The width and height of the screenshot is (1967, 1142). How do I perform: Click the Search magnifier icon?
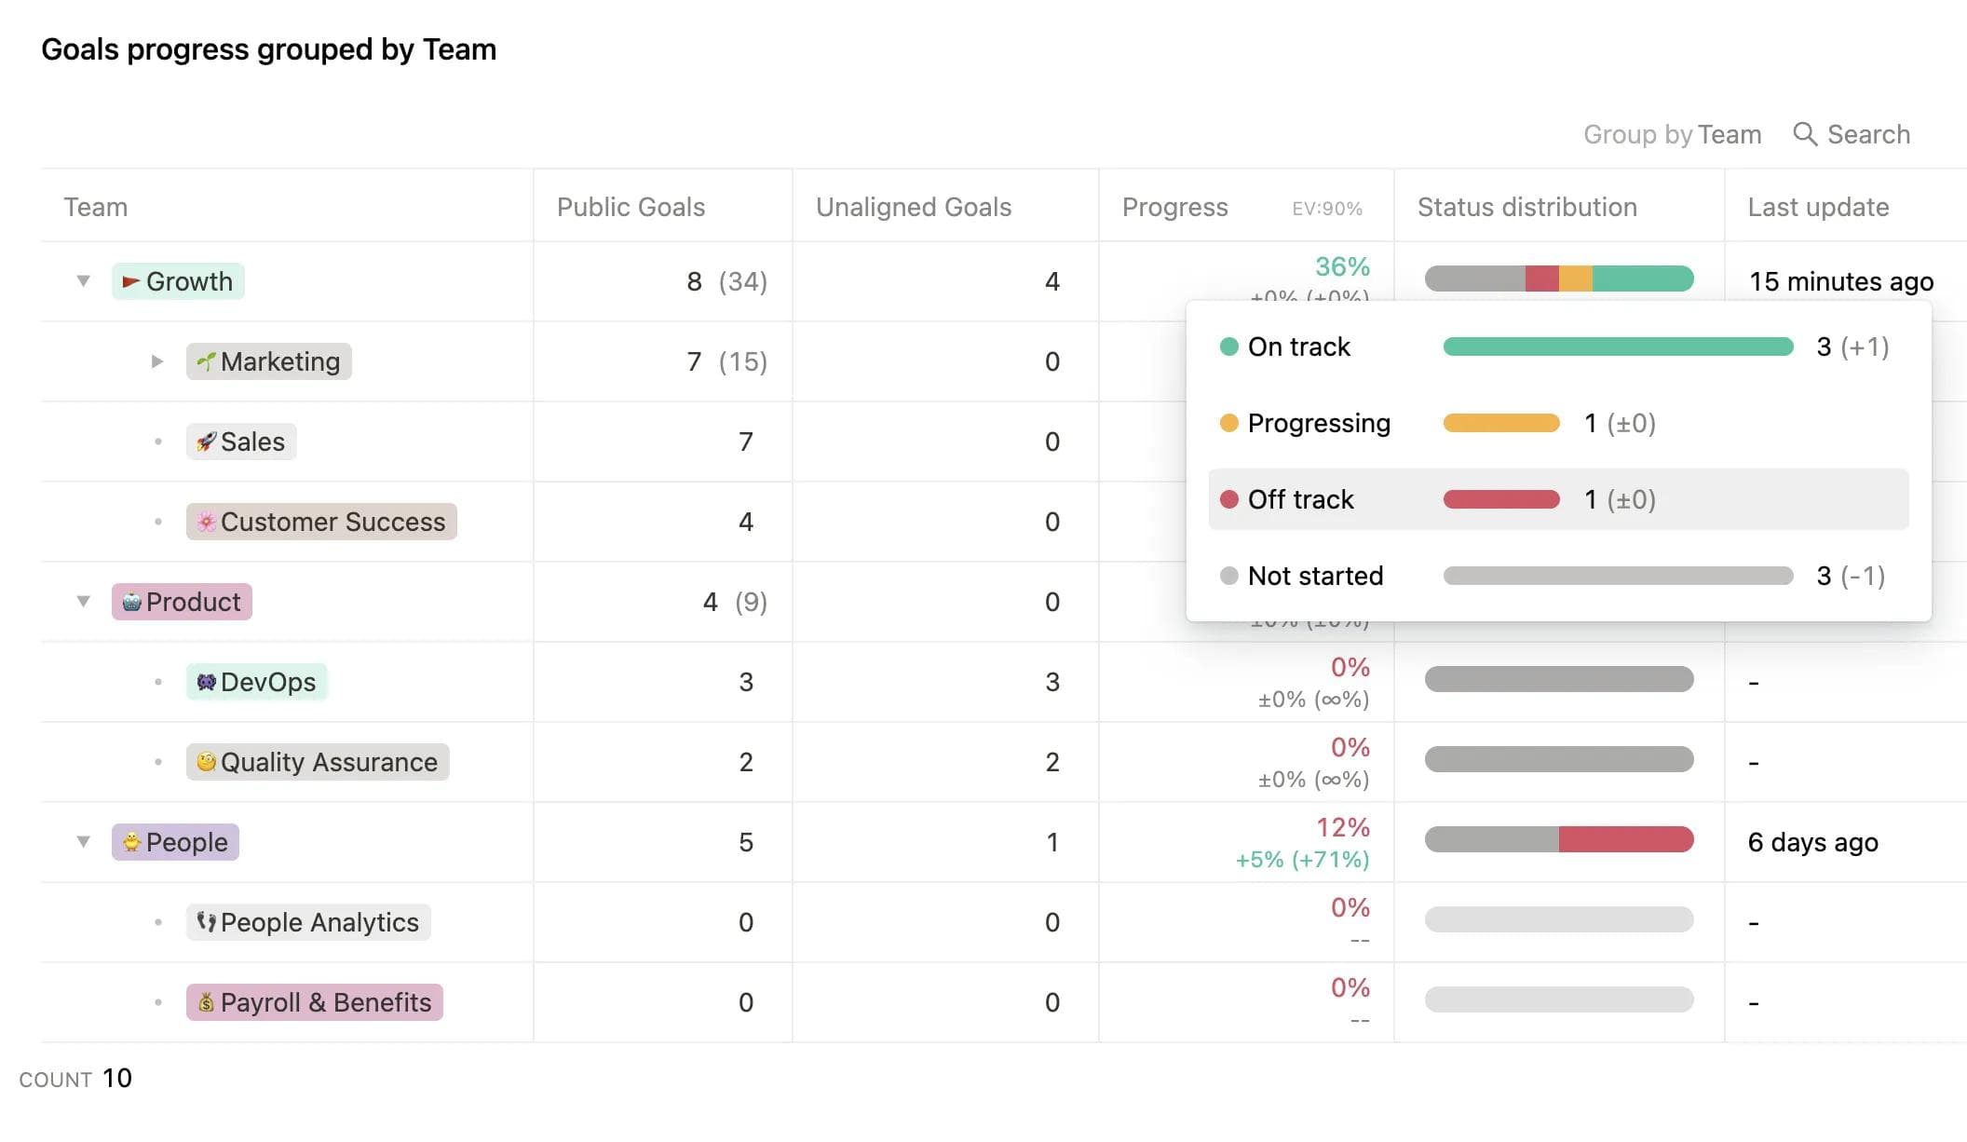[x=1804, y=134]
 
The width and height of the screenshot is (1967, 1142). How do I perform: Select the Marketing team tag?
[x=269, y=361]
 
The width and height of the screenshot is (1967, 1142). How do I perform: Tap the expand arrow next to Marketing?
[x=157, y=361]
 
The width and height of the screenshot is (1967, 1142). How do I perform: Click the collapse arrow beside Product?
[x=84, y=602]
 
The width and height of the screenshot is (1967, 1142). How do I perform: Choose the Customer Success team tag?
[x=321, y=522]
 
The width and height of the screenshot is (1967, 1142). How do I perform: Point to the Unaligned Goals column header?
[x=913, y=207]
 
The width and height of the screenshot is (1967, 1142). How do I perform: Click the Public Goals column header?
[x=631, y=207]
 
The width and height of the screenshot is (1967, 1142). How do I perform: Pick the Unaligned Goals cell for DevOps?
[x=1051, y=682]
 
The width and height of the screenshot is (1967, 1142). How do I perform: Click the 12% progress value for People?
[x=1342, y=827]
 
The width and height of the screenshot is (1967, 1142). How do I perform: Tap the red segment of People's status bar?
[x=1625, y=839]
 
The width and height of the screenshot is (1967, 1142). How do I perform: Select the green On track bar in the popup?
[x=1618, y=347]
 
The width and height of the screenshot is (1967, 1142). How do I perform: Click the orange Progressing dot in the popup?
[x=1229, y=423]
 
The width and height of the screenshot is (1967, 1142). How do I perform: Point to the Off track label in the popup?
[x=1300, y=499]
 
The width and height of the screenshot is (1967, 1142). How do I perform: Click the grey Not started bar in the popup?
[x=1618, y=576]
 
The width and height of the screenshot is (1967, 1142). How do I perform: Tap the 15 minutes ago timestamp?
[x=1840, y=281]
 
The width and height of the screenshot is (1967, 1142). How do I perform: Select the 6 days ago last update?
[x=1812, y=842]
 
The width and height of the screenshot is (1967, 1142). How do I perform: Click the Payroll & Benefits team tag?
[x=315, y=1002]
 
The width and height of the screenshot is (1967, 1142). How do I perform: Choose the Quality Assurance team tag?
[x=318, y=762]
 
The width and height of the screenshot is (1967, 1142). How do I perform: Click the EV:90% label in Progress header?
[x=1326, y=209]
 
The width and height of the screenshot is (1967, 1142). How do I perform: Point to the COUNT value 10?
[x=117, y=1078]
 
